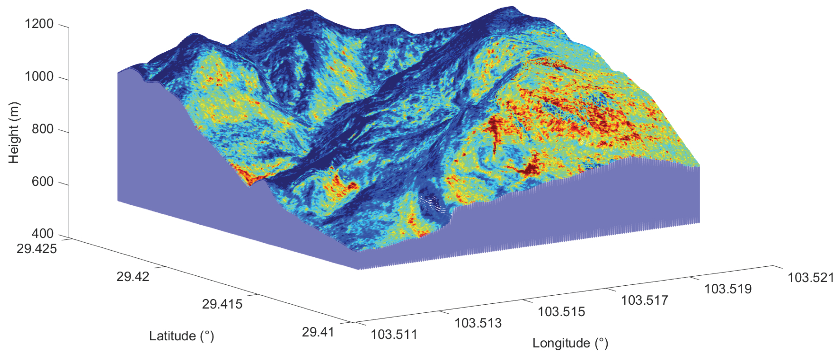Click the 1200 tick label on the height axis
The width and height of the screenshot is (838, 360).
click(x=39, y=24)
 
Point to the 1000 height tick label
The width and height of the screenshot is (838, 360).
click(x=39, y=77)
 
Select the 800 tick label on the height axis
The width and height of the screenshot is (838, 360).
click(x=42, y=129)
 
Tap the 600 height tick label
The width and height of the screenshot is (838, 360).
click(x=42, y=182)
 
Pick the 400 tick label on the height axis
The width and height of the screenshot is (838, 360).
click(x=42, y=234)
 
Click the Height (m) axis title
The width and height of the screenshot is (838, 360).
click(x=14, y=133)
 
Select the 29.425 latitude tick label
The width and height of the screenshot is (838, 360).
click(x=37, y=249)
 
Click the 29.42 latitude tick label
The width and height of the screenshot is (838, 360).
click(x=133, y=277)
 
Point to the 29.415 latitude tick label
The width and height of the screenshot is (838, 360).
click(x=222, y=304)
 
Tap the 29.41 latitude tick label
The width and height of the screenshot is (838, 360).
click(x=318, y=332)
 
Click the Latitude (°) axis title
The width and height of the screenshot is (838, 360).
click(x=182, y=336)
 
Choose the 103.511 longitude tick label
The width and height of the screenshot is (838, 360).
click(x=394, y=334)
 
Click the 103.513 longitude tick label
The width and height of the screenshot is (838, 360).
click(x=478, y=323)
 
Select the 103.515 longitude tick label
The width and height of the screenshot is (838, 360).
click(x=561, y=312)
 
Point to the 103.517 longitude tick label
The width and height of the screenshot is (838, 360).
click(x=645, y=301)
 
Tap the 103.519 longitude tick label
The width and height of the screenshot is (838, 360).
click(x=728, y=289)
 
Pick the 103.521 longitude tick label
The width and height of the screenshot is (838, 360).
click(x=811, y=278)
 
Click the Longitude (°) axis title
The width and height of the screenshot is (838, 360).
click(x=570, y=344)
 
